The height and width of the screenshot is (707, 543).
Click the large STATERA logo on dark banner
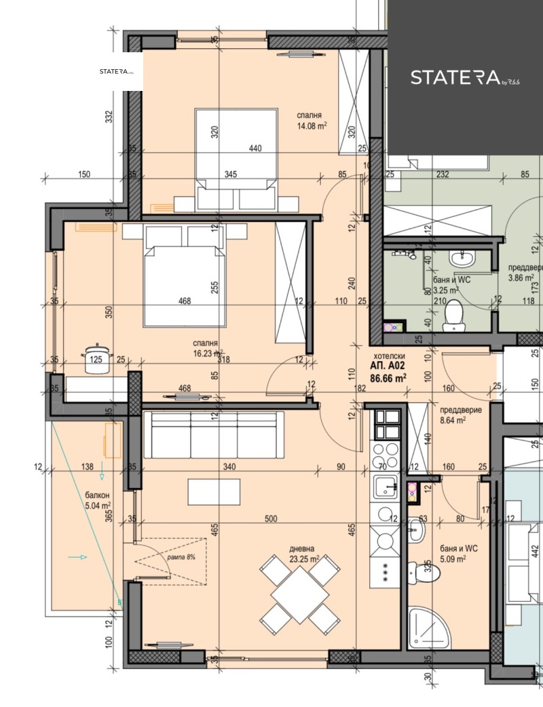[465, 77]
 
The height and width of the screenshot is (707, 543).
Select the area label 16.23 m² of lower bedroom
[208, 353]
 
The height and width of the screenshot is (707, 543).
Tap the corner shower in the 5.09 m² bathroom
[427, 628]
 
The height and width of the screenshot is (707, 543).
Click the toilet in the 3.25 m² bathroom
[453, 316]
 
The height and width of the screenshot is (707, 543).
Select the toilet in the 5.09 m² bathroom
[426, 574]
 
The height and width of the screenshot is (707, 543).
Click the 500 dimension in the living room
[271, 519]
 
